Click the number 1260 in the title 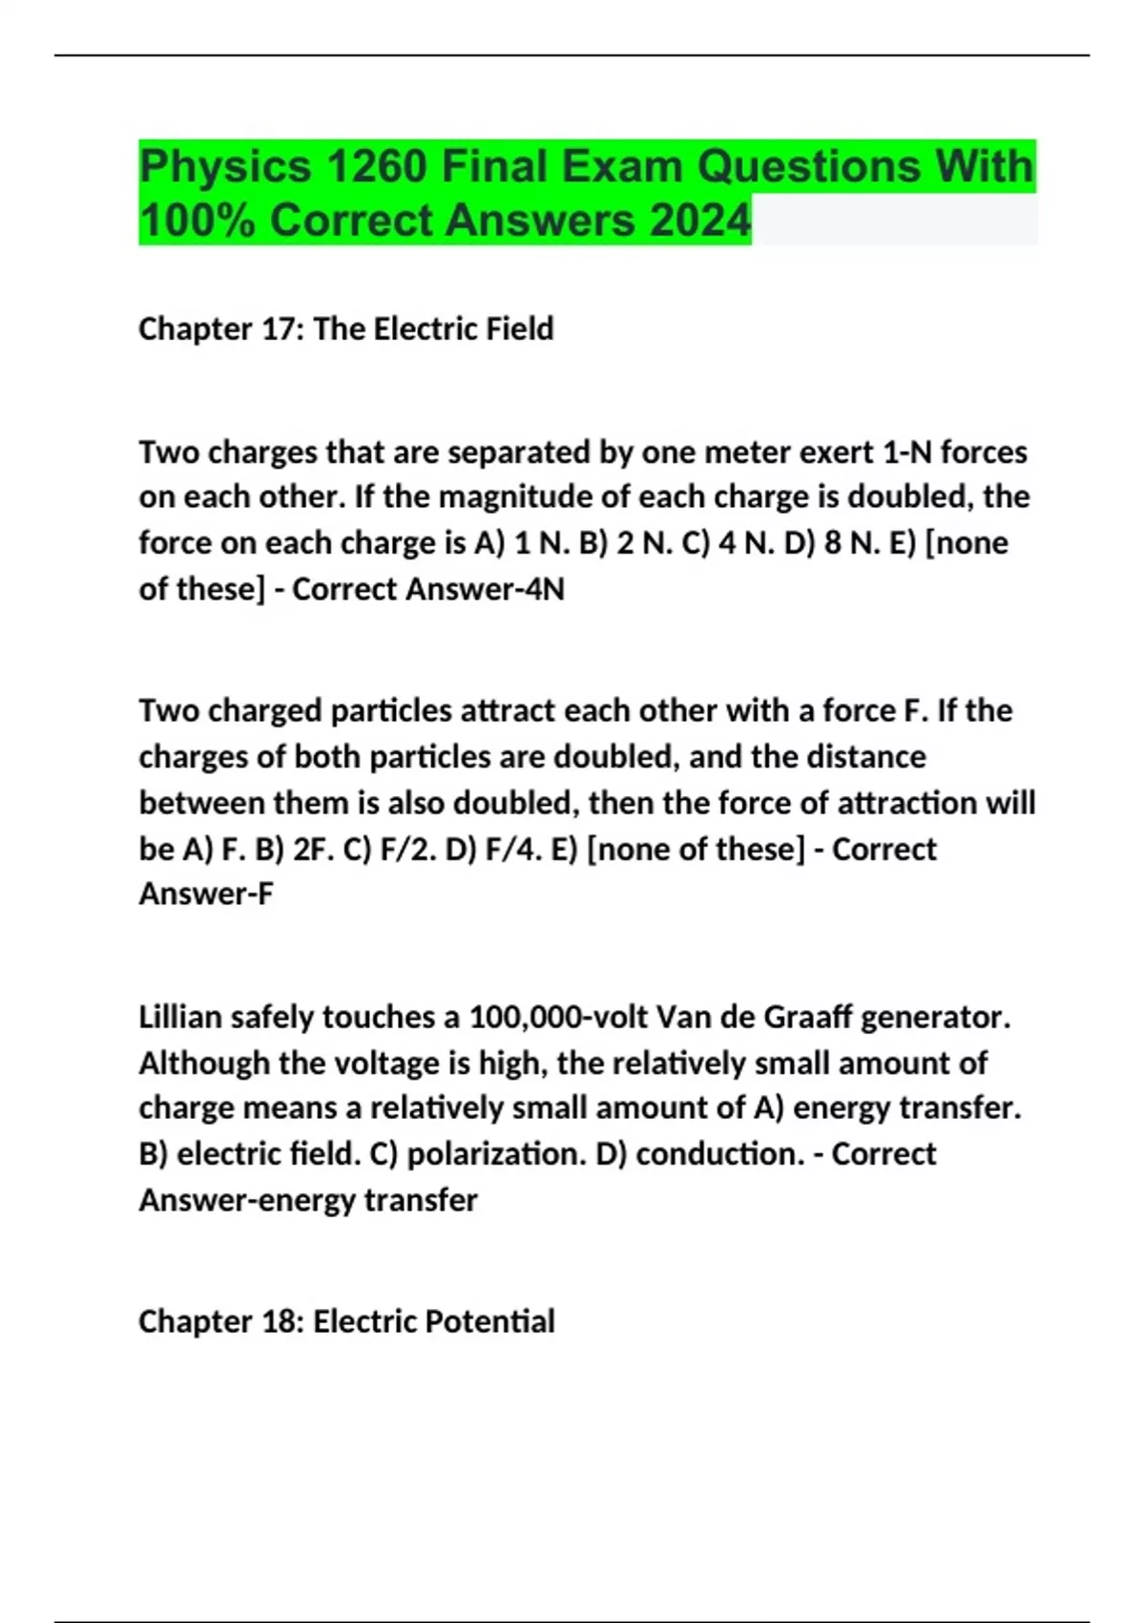375,167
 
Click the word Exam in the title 621,167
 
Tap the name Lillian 180,1017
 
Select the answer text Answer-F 206,895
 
